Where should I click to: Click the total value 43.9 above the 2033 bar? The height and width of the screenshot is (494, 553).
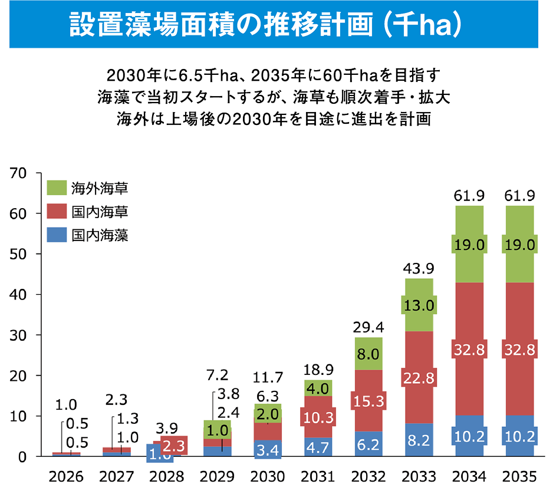(419, 267)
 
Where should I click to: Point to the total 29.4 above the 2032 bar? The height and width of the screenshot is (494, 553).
(368, 326)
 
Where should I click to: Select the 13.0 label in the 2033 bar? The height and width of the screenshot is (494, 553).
(419, 305)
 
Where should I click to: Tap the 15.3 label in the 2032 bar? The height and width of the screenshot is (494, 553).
(368, 401)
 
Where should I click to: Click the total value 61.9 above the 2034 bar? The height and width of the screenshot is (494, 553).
(469, 195)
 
